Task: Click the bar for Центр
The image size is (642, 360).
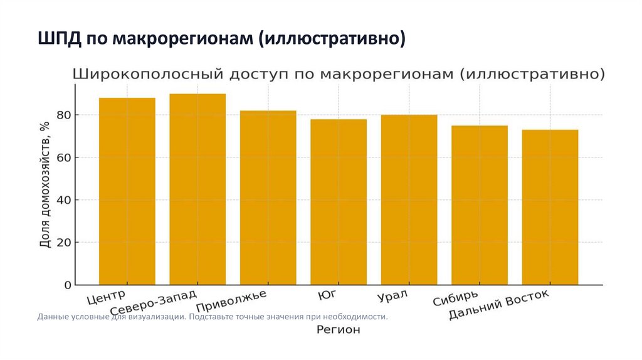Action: [127, 191]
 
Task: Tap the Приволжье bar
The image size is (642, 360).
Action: [268, 198]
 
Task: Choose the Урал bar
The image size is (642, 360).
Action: [409, 199]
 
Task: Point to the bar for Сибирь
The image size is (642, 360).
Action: [480, 205]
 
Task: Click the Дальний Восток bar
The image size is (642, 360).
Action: [550, 207]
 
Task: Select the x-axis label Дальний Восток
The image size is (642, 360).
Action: [499, 304]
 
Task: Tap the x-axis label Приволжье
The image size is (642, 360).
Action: [231, 301]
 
